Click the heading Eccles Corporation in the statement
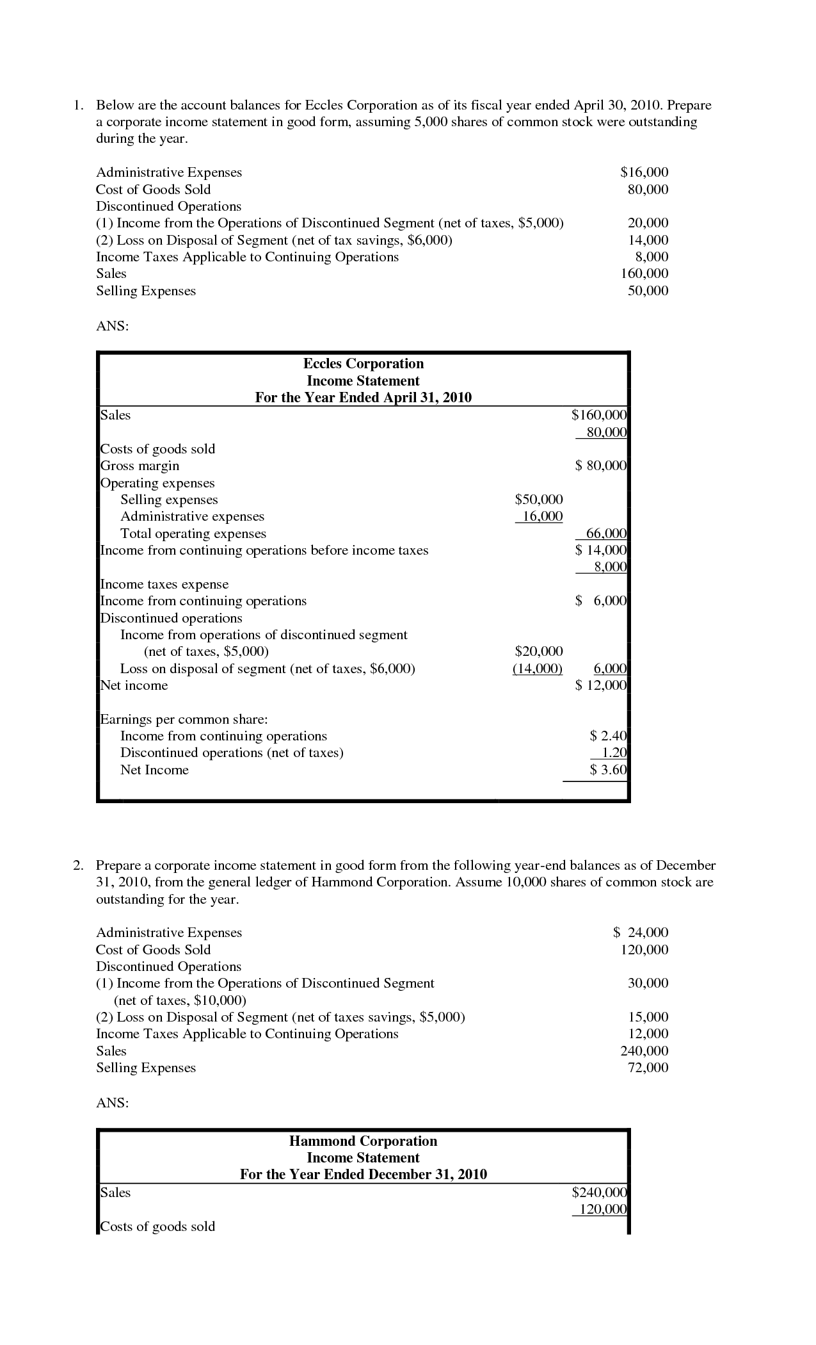point(363,364)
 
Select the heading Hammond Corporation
point(363,1141)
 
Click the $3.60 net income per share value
point(608,770)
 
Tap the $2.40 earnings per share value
point(608,736)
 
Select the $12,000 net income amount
point(600,685)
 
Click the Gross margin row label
point(140,466)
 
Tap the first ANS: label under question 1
point(112,326)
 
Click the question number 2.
point(77,865)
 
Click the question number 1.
point(77,105)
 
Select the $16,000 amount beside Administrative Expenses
point(644,172)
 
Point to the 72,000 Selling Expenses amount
point(648,1068)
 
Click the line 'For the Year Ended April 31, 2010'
point(363,398)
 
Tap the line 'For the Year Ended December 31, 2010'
point(363,1175)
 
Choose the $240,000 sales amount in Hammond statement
point(599,1193)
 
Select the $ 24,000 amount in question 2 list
point(641,933)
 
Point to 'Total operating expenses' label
point(193,534)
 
